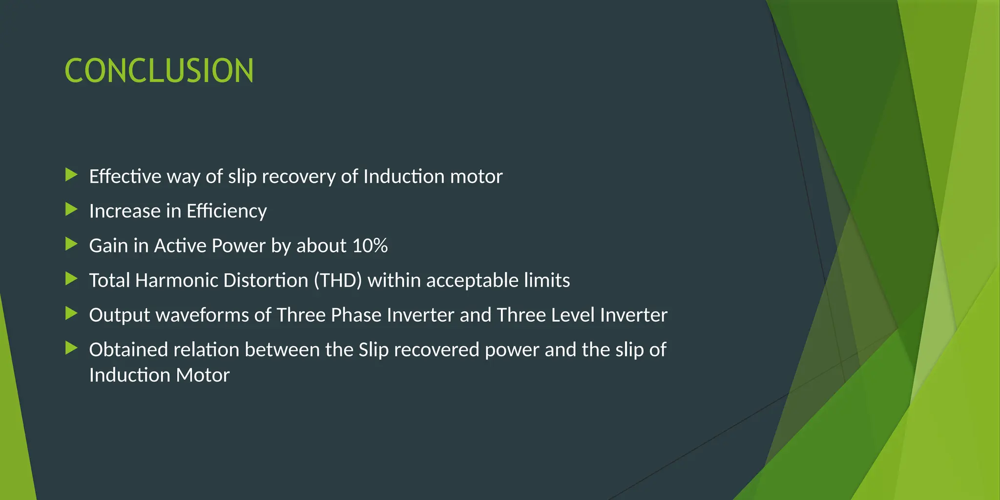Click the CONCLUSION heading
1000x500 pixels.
pos(159,71)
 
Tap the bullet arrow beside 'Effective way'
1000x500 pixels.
pos(71,174)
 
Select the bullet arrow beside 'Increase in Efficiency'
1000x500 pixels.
pos(71,209)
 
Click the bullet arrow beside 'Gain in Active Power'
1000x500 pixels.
pos(71,244)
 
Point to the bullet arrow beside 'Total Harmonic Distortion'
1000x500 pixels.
pos(71,279)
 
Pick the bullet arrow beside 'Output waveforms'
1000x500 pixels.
pos(71,313)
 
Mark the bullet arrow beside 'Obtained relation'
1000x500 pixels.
pos(71,348)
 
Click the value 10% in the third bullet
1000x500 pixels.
pos(370,246)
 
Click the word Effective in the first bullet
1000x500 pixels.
pos(125,176)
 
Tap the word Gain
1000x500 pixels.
pos(108,246)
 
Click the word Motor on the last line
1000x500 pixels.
pos(203,375)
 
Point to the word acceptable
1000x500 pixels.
pos(472,281)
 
